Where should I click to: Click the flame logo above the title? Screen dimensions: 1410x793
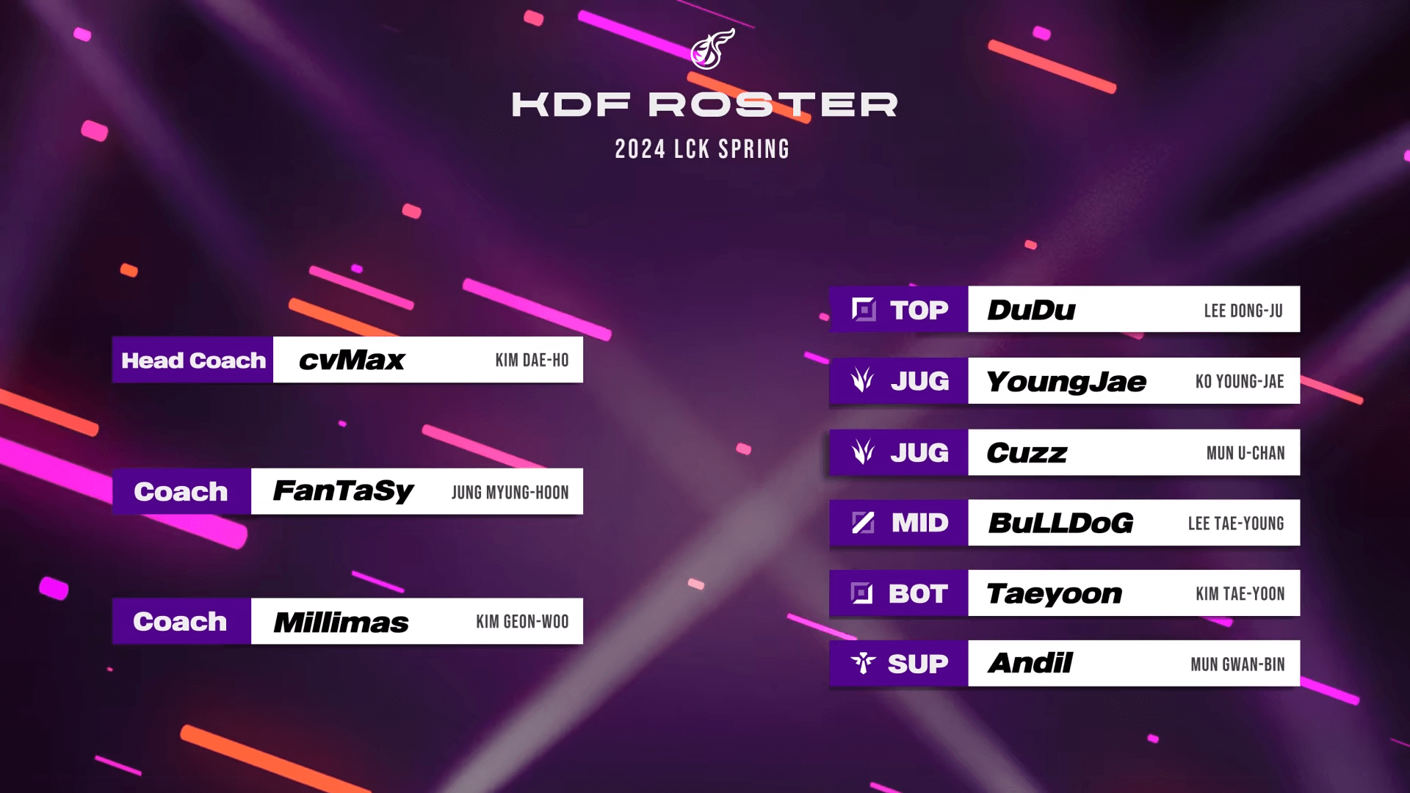pyautogui.click(x=712, y=49)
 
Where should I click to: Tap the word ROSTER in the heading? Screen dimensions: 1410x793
pyautogui.click(x=773, y=105)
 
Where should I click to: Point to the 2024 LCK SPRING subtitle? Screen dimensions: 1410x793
pyautogui.click(x=702, y=149)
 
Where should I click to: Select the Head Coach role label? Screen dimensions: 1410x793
pyautogui.click(x=193, y=361)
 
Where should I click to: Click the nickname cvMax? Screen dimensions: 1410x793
pyautogui.click(x=352, y=361)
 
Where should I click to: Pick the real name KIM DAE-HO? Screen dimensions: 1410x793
pyautogui.click(x=532, y=361)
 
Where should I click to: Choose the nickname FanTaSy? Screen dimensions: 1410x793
pyautogui.click(x=343, y=491)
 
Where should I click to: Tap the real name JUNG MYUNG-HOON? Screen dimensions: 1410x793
pyautogui.click(x=510, y=493)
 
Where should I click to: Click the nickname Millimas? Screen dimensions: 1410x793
pyautogui.click(x=341, y=623)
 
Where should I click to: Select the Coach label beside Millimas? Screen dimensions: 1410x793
pyautogui.click(x=180, y=622)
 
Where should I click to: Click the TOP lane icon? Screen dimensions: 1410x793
pyautogui.click(x=864, y=310)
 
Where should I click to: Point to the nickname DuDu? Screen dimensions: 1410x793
pyautogui.click(x=1031, y=310)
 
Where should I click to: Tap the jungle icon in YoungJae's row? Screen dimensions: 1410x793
pyautogui.click(x=863, y=380)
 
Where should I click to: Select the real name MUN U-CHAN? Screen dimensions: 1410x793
pyautogui.click(x=1245, y=453)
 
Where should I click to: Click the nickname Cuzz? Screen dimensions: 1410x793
pyautogui.click(x=1027, y=453)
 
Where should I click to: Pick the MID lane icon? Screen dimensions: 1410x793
pyautogui.click(x=863, y=523)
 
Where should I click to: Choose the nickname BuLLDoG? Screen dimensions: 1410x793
pyautogui.click(x=1060, y=523)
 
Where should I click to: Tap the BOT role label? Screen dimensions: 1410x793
pyautogui.click(x=918, y=593)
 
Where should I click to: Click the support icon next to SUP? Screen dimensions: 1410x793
pyautogui.click(x=863, y=664)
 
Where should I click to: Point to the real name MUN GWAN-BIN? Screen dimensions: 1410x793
pyautogui.click(x=1237, y=665)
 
